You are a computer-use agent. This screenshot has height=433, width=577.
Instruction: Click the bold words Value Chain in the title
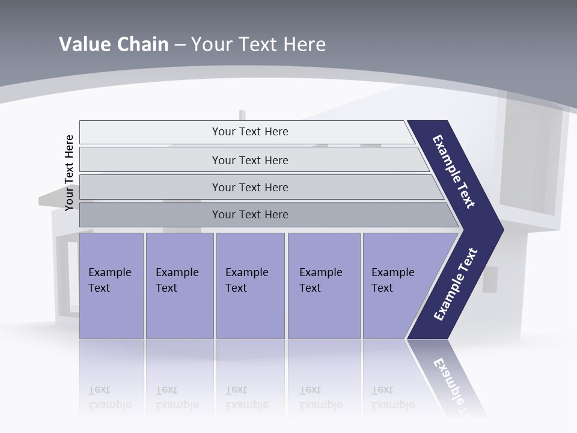click(114, 45)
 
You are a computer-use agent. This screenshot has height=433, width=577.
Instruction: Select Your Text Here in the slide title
click(258, 45)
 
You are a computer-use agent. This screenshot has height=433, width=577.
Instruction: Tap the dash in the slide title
click(180, 45)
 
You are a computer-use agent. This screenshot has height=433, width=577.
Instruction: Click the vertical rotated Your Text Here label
click(69, 173)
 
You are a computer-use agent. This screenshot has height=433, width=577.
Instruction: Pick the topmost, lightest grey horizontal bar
click(249, 132)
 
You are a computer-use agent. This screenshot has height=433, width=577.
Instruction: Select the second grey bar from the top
click(249, 160)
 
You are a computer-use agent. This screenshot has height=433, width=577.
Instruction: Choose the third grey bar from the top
click(249, 187)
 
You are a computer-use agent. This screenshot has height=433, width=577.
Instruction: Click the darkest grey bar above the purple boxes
click(249, 215)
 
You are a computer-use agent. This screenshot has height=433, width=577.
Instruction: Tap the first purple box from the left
click(111, 286)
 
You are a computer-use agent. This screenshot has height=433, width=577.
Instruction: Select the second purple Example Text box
click(179, 286)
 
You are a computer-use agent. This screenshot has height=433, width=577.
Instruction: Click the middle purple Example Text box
click(250, 286)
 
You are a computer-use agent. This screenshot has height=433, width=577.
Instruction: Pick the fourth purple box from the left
click(323, 286)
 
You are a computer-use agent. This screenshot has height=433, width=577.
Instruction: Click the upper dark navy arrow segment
click(454, 171)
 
